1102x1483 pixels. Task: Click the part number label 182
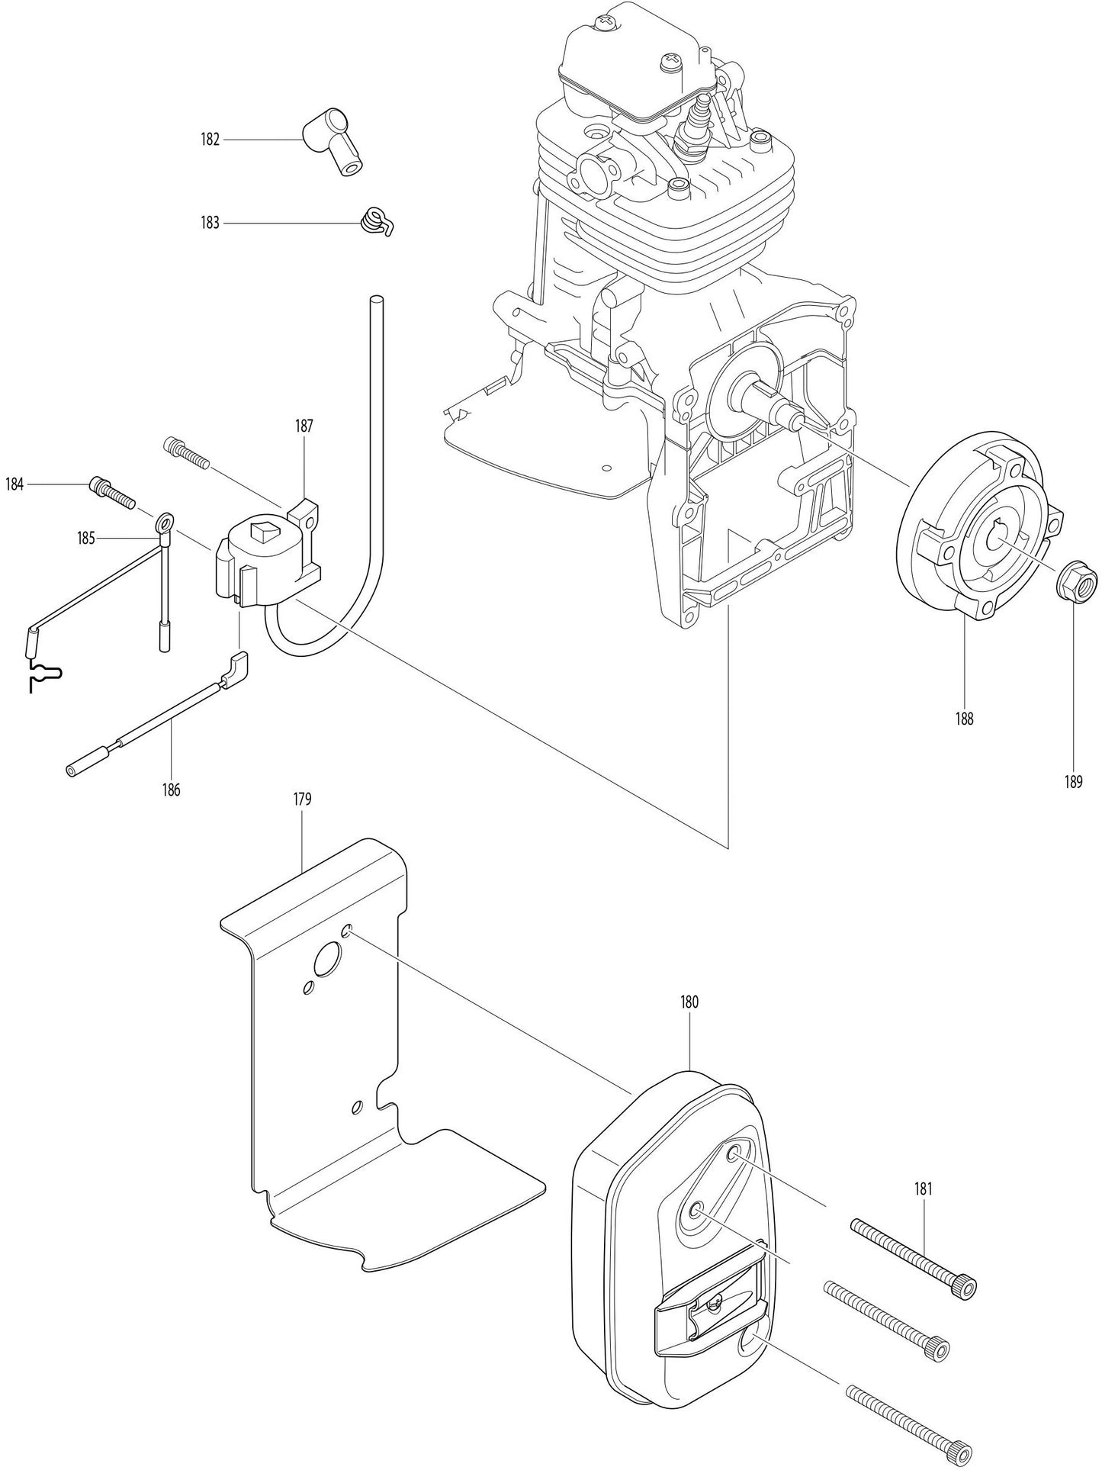tap(210, 140)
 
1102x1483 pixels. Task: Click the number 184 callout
tap(14, 484)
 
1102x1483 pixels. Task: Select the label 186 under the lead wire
tap(171, 790)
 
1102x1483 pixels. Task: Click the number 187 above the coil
tap(304, 426)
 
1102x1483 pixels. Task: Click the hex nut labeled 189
tap(1075, 586)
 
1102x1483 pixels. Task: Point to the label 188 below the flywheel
tap(964, 719)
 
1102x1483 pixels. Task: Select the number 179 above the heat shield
tap(302, 799)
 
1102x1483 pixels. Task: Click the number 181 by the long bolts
tap(923, 1188)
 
